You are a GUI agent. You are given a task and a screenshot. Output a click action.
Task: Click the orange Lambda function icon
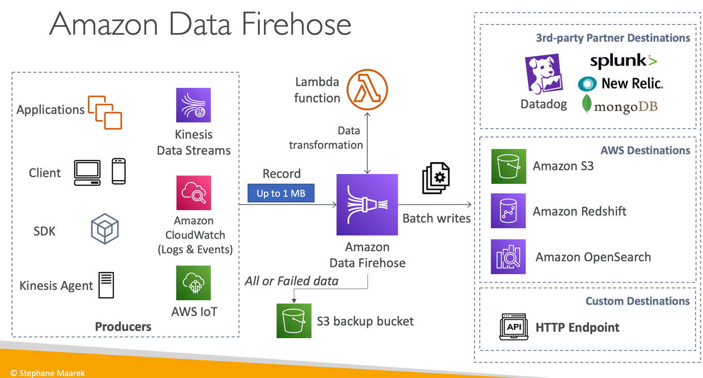click(x=367, y=89)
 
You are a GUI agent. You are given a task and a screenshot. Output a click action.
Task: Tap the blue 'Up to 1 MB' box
click(x=281, y=193)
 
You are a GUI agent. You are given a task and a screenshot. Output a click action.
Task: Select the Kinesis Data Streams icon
click(x=194, y=105)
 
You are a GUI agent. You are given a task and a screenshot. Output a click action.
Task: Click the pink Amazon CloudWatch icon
click(x=194, y=193)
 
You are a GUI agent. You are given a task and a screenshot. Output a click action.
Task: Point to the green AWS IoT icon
click(x=194, y=283)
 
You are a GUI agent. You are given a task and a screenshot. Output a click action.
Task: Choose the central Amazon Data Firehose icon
click(x=367, y=204)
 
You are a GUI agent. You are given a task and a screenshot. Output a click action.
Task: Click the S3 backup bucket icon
click(x=294, y=321)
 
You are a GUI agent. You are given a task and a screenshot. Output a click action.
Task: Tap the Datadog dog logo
click(x=543, y=74)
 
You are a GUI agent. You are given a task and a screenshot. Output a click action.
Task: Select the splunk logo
click(x=623, y=61)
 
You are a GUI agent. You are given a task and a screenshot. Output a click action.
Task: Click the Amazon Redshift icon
click(x=508, y=211)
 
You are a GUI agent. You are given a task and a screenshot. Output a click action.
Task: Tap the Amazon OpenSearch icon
click(x=508, y=257)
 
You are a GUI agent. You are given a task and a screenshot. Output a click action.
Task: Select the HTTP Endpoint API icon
click(x=513, y=327)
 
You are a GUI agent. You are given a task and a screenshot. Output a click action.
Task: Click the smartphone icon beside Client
click(x=119, y=171)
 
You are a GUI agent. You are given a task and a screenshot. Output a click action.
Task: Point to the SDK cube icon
click(x=105, y=229)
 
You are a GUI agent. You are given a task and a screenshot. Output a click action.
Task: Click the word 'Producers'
click(x=123, y=326)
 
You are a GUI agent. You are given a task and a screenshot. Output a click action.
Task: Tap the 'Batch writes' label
click(x=436, y=218)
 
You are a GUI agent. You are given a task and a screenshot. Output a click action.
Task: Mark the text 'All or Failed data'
click(x=292, y=281)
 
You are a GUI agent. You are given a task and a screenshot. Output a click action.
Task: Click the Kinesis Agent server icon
click(x=106, y=285)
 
